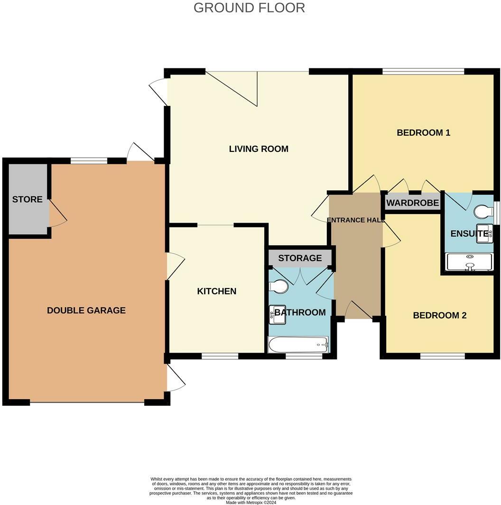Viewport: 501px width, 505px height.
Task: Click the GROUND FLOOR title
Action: (x=249, y=8)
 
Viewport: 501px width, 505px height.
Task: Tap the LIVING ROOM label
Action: (x=259, y=149)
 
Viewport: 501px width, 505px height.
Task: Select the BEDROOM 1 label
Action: (x=423, y=133)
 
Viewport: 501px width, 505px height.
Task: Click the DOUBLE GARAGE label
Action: (x=86, y=311)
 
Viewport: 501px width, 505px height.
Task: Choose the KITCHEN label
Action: (x=216, y=291)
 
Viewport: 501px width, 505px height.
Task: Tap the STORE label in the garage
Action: (x=27, y=200)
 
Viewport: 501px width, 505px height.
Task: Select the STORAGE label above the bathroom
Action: (x=300, y=258)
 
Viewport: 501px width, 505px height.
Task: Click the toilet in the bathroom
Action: (x=278, y=286)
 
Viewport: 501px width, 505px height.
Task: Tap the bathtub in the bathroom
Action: (x=298, y=345)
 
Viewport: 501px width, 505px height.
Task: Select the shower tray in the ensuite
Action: (x=469, y=262)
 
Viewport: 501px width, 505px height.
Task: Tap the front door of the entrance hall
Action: (x=359, y=311)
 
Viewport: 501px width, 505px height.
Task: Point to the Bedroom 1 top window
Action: (x=423, y=72)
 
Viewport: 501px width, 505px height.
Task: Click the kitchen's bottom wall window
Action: (x=220, y=356)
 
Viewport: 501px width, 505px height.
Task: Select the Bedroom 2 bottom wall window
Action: (x=442, y=356)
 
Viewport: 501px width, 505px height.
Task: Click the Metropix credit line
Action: (x=251, y=502)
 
